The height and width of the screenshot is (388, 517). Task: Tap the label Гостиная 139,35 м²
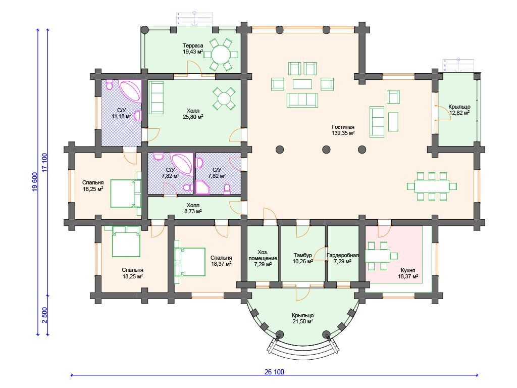pos(343,130)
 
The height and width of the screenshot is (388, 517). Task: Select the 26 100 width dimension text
pos(274,372)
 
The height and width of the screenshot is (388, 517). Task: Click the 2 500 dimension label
pos(44,315)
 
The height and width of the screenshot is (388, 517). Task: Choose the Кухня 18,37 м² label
pos(408,273)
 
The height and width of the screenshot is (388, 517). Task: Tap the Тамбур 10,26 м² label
pos(303,258)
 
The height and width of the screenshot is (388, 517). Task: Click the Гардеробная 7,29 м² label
pos(343,258)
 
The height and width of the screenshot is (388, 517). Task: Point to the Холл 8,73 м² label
pos(193,208)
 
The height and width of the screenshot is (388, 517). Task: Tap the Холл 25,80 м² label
pos(193,114)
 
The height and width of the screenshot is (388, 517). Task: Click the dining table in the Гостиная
pos(432,186)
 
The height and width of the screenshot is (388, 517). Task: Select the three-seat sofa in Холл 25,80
pos(157,98)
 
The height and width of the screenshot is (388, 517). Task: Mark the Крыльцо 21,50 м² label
pos(303,318)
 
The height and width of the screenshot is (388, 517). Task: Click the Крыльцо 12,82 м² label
pos(459,110)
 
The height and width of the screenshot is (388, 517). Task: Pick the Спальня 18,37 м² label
pos(221,261)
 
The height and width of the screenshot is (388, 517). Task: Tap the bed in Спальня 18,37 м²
pos(190,262)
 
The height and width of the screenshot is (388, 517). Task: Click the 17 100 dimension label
pos(44,162)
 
